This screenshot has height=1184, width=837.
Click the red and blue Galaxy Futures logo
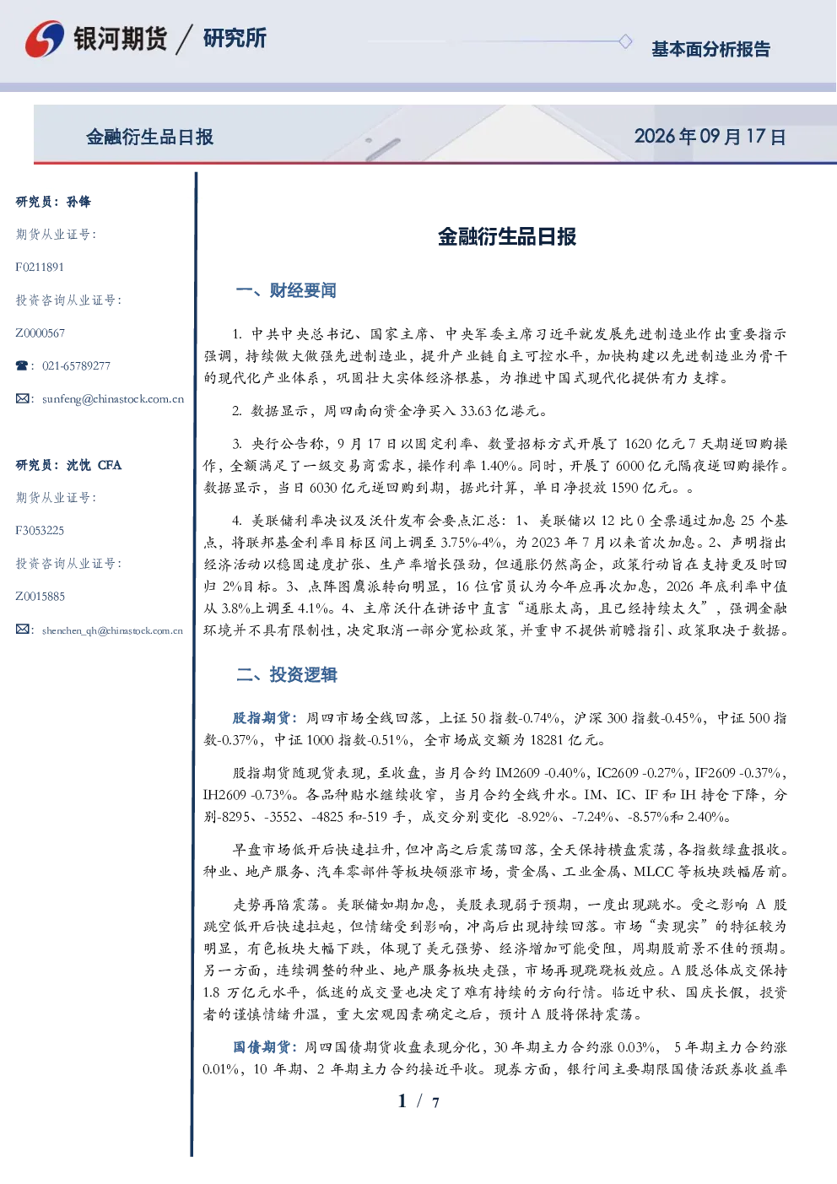(45, 39)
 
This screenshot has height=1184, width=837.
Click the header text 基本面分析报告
(710, 49)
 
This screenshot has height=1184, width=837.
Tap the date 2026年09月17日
(710, 137)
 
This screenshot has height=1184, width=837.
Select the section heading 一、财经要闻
(286, 290)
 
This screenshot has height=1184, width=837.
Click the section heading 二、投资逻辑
(286, 674)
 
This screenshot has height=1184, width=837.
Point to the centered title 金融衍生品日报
(507, 236)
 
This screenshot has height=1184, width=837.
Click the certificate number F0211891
(40, 267)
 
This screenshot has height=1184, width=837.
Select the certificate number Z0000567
(40, 333)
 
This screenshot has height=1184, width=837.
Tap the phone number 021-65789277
(76, 365)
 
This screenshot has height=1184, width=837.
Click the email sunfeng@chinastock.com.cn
(113, 399)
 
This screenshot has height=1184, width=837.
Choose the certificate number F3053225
(40, 531)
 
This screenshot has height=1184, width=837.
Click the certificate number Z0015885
(40, 597)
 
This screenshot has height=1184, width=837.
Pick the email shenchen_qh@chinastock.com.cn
(112, 630)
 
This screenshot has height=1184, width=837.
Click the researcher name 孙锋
(78, 202)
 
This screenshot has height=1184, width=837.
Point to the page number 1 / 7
(418, 1101)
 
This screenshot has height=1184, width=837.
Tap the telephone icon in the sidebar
(22, 365)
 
